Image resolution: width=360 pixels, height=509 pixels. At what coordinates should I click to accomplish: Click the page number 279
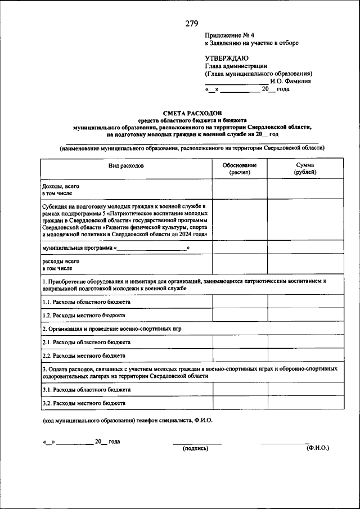(191, 24)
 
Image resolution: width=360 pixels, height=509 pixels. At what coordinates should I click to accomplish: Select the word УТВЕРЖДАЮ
(227, 58)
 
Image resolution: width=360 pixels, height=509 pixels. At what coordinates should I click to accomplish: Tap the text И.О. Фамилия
(286, 81)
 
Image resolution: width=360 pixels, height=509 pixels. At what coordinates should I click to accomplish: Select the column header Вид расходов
(126, 166)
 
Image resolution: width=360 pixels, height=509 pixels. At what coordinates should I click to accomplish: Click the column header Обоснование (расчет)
(240, 169)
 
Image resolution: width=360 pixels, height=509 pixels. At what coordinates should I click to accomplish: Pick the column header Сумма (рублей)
(304, 169)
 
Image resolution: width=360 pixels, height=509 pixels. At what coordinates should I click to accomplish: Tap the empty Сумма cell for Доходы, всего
(304, 188)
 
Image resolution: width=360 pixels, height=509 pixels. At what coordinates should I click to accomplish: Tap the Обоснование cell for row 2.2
(240, 355)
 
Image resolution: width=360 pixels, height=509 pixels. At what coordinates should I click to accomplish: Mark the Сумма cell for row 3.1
(304, 389)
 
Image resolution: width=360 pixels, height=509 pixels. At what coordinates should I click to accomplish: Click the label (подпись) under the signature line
(196, 448)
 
